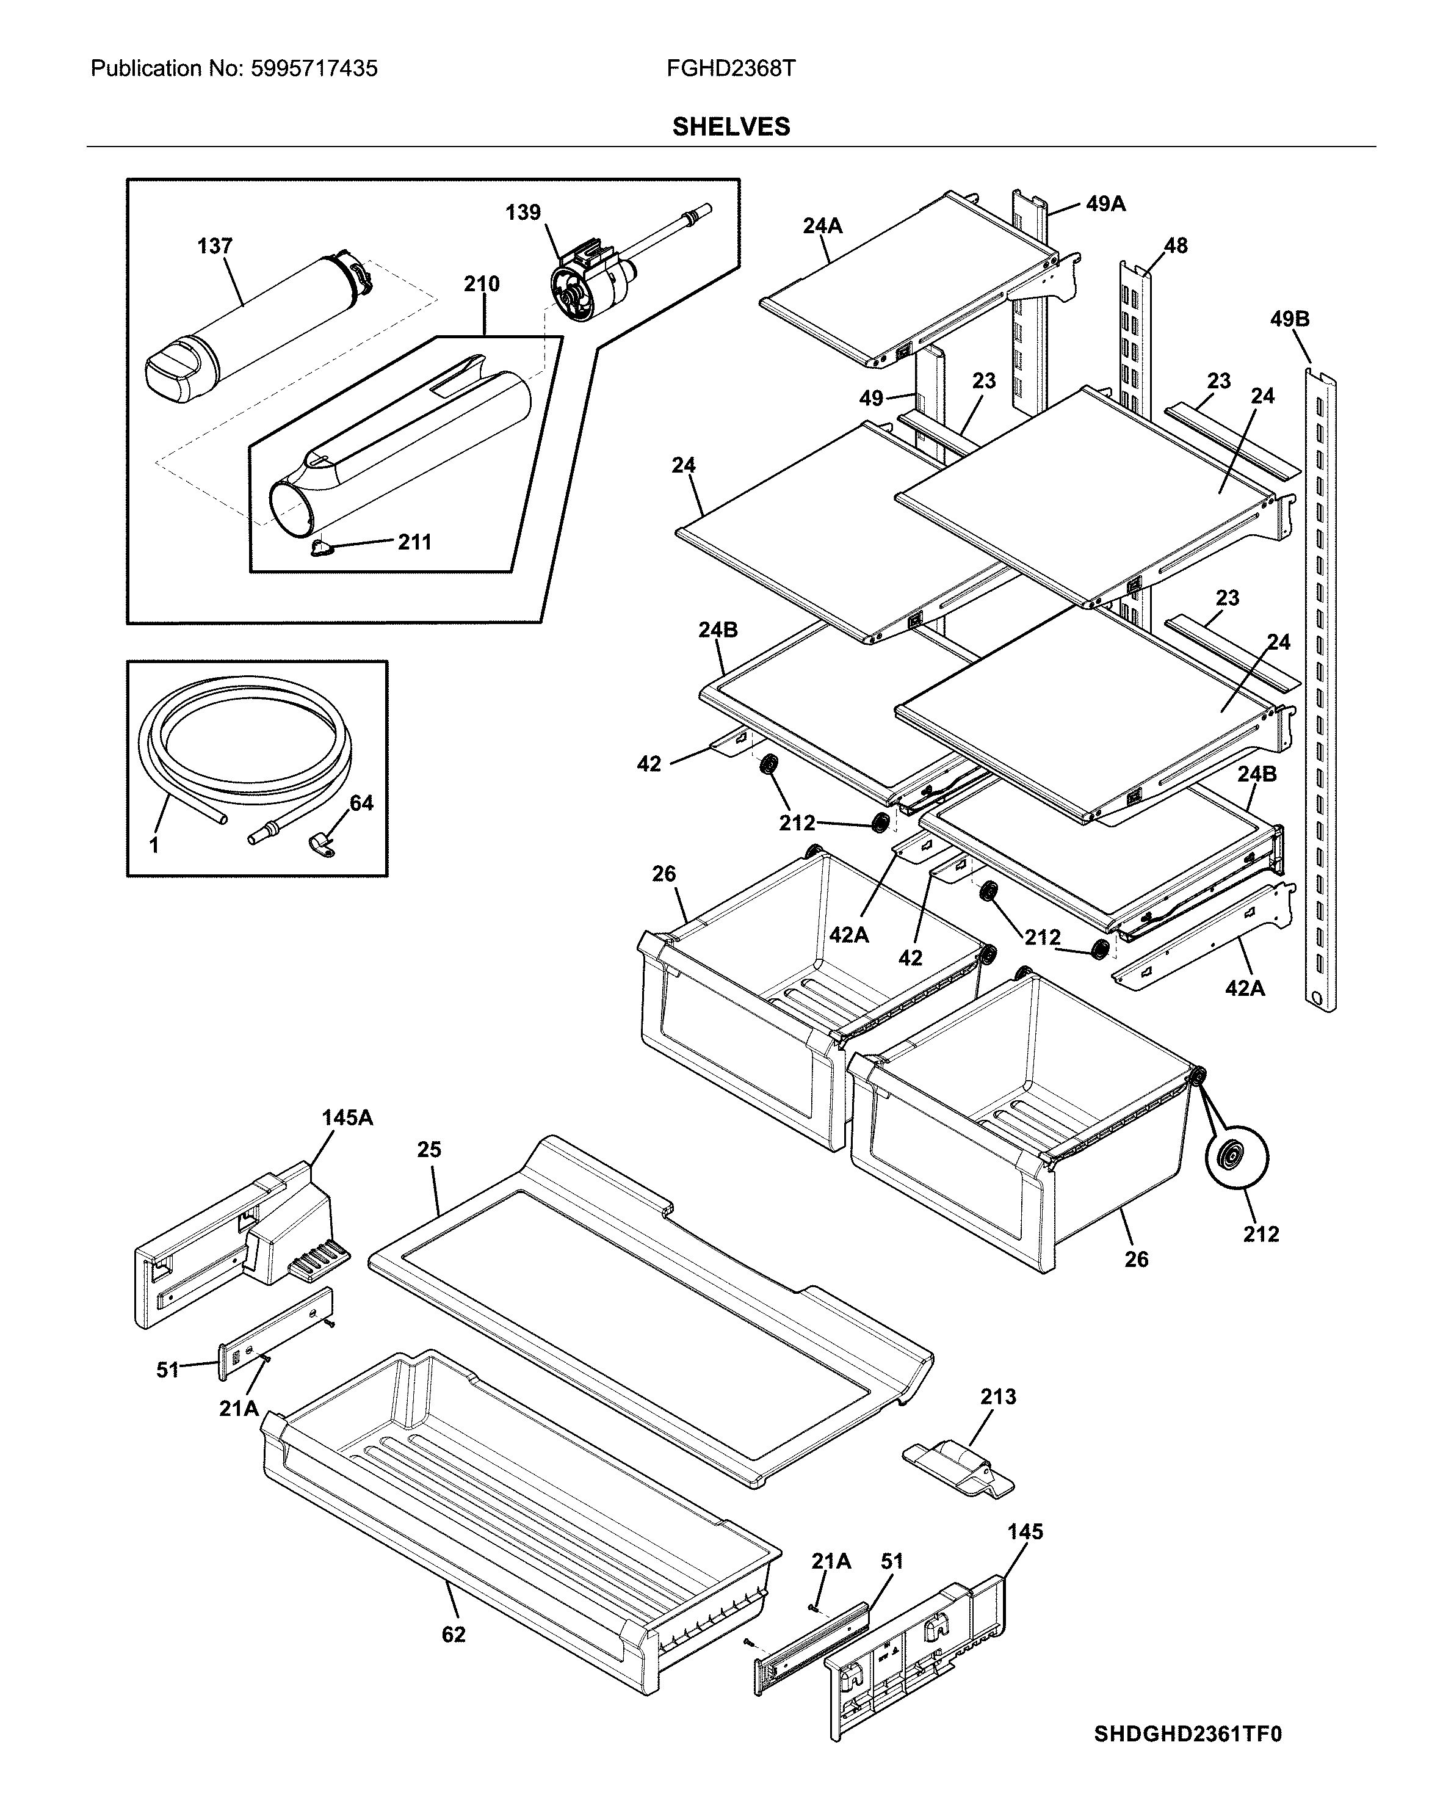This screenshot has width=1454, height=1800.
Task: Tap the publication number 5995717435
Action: pos(314,68)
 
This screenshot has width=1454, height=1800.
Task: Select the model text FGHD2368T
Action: pos(730,68)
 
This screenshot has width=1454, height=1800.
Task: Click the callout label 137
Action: pos(214,246)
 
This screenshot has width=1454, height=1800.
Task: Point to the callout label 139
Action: pos(523,212)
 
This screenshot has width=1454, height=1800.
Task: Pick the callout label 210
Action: pos(482,284)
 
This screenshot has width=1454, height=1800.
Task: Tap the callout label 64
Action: pos(361,804)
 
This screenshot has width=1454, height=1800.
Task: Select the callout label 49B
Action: pos(1289,319)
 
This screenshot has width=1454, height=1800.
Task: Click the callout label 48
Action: pos(1175,245)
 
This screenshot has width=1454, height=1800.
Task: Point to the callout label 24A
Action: pos(822,225)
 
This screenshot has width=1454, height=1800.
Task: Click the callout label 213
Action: pos(997,1396)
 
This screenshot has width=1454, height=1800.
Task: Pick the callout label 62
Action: pos(453,1634)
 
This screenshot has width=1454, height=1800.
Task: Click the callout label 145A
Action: pos(347,1117)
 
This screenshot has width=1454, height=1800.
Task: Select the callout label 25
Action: pos(429,1150)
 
